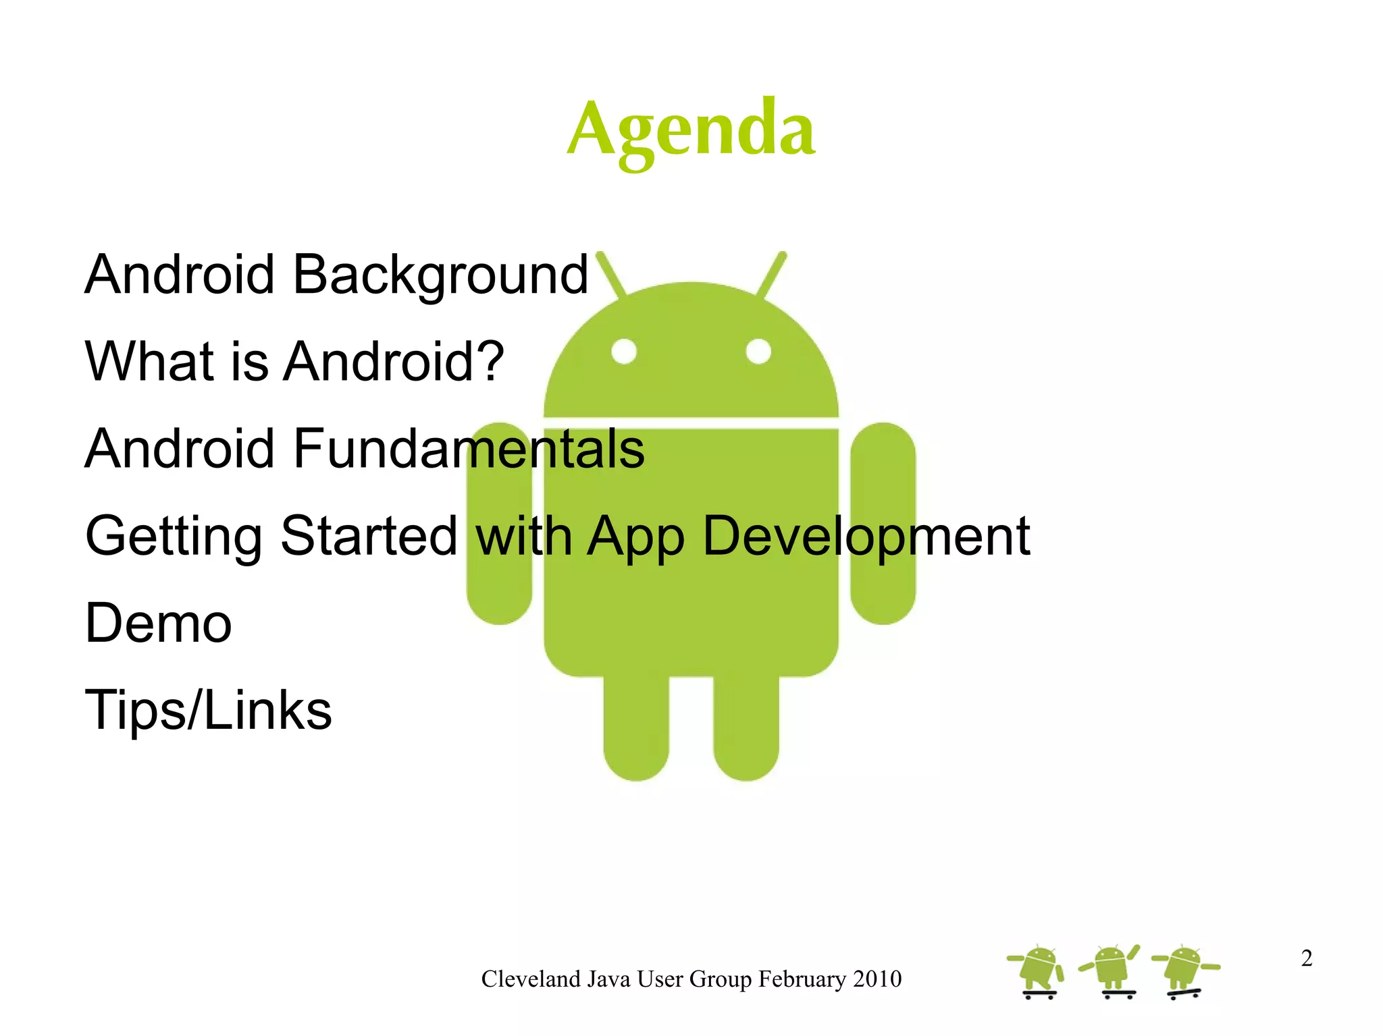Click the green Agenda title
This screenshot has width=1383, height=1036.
click(691, 130)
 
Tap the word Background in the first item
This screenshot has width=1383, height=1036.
click(441, 275)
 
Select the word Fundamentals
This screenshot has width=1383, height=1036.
click(469, 449)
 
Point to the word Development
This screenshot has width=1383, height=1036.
click(866, 537)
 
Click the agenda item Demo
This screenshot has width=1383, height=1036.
click(159, 624)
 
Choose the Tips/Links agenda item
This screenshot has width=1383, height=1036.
click(208, 710)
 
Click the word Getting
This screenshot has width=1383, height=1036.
click(174, 537)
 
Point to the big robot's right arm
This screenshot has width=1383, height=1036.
click(883, 523)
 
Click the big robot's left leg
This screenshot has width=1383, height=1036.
click(636, 729)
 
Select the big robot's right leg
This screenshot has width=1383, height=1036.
click(746, 729)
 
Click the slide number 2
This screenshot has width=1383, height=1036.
click(1307, 958)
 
